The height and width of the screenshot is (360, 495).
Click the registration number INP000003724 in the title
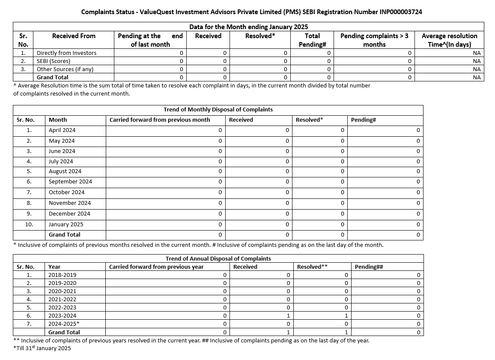pyautogui.click(x=401, y=12)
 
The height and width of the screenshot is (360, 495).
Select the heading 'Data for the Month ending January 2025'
pyautogui.click(x=248, y=27)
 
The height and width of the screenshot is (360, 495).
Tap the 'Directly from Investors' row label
pyautogui.click(x=66, y=53)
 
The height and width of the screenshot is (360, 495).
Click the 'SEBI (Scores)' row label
pyautogui.click(x=54, y=61)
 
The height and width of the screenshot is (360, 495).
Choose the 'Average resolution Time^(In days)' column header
pyautogui.click(x=449, y=40)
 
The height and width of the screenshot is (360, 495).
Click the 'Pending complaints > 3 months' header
pyautogui.click(x=374, y=40)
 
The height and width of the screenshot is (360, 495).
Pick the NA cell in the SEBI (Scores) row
pyautogui.click(x=477, y=61)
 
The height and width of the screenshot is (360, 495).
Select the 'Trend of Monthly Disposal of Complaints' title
pyautogui.click(x=218, y=110)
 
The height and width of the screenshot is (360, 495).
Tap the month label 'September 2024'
pyautogui.click(x=70, y=182)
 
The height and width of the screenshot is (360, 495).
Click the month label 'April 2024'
pyautogui.click(x=62, y=130)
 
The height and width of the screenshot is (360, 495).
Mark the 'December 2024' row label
pyautogui.click(x=69, y=214)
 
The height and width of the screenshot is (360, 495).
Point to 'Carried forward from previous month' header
pyautogui.click(x=160, y=120)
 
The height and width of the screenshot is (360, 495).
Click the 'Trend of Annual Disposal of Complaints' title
pyautogui.click(x=218, y=258)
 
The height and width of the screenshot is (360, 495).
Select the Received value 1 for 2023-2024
pyautogui.click(x=288, y=316)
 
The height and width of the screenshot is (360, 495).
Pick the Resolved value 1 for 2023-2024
pyautogui.click(x=346, y=316)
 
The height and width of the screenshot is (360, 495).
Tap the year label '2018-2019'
pyautogui.click(x=62, y=275)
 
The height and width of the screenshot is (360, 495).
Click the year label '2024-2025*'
pyautogui.click(x=64, y=324)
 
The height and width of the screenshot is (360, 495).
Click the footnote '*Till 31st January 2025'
pyautogui.click(x=42, y=348)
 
